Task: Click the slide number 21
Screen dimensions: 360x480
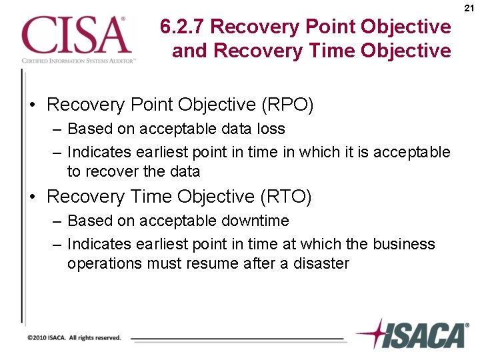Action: point(469,8)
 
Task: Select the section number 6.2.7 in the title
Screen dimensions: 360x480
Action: point(183,27)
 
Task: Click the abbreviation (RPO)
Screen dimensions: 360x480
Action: point(287,105)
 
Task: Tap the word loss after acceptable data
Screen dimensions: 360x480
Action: point(271,129)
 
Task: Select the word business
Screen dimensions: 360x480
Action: point(403,245)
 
